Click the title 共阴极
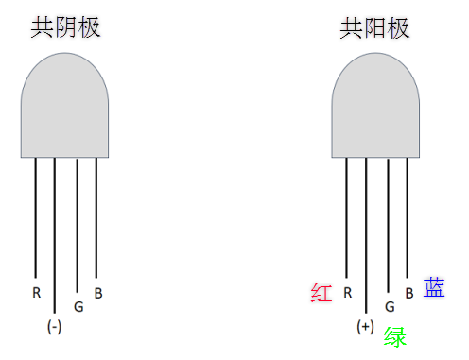coord(65,27)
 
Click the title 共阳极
coord(375,27)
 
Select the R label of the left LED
coord(36,292)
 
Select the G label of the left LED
coord(78,306)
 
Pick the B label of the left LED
coord(98,293)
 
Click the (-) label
coord(55,327)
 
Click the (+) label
coord(366,327)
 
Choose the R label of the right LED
coord(347,292)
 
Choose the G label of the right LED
coord(390,306)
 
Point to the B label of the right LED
coord(408,293)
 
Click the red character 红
coord(321,293)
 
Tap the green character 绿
coord(395,336)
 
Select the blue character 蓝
coord(434,287)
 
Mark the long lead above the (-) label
coord(55,236)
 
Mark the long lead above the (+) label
coord(366,236)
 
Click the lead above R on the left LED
coord(36,217)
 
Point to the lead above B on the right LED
coord(408,217)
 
